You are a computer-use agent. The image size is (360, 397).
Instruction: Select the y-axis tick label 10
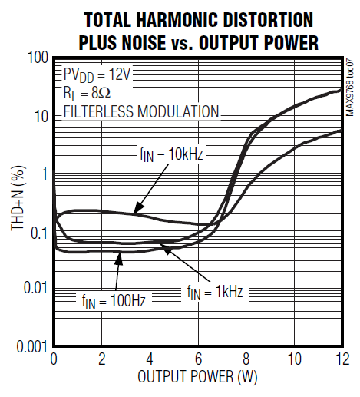[x=40, y=116]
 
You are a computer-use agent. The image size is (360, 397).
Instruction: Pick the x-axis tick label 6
[x=197, y=359]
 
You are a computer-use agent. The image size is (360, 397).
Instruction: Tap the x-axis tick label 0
[x=54, y=359]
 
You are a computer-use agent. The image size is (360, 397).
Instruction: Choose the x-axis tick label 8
[x=246, y=359]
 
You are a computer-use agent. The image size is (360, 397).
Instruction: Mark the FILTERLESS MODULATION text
[x=141, y=112]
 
